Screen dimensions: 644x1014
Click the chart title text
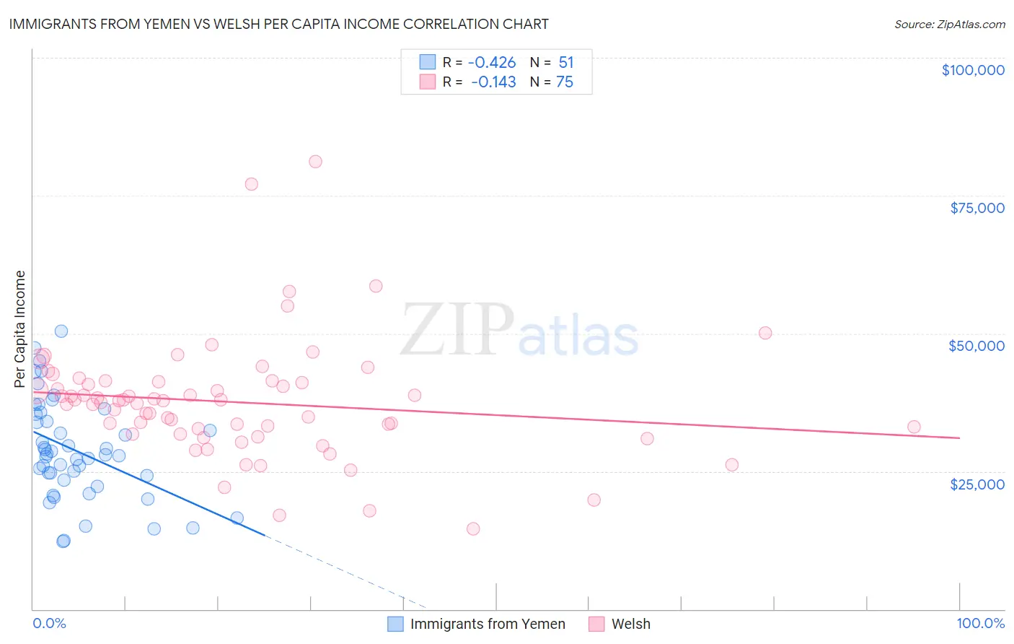point(278,24)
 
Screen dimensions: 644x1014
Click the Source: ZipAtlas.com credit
point(949,25)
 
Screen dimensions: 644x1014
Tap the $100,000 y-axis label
point(973,70)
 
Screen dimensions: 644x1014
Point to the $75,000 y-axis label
point(977,208)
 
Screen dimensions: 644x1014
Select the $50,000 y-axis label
point(976,346)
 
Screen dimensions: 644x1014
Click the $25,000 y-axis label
point(977,484)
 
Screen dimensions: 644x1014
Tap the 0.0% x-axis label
point(49,623)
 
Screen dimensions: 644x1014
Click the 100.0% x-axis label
point(980,623)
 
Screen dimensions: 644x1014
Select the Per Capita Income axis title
point(20,329)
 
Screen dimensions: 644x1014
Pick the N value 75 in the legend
point(565,82)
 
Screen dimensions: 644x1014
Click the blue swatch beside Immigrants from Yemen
point(395,624)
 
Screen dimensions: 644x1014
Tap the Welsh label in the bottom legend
point(630,624)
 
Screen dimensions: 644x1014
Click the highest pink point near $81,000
point(315,162)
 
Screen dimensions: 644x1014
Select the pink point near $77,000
point(251,184)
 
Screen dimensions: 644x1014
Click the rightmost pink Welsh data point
point(914,427)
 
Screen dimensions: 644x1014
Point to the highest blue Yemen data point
point(61,331)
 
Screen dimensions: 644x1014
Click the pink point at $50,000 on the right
point(765,333)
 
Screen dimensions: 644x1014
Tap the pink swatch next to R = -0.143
point(428,82)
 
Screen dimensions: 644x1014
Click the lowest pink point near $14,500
point(473,528)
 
